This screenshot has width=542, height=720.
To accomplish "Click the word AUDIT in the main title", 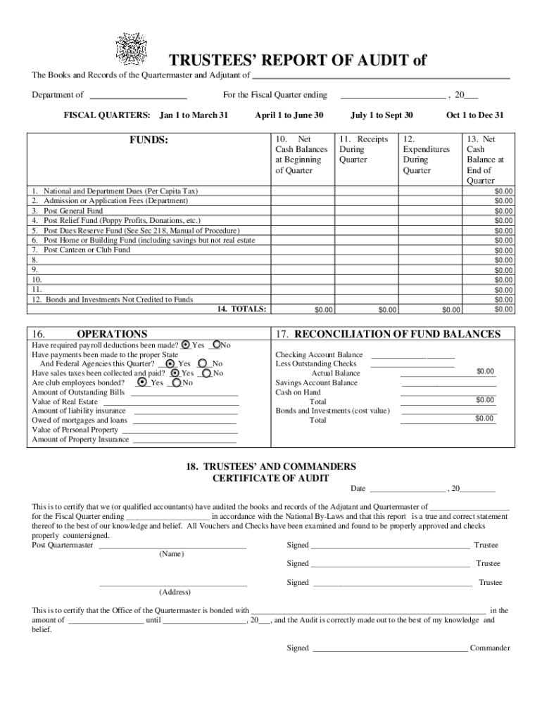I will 384,60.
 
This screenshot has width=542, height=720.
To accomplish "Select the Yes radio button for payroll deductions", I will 186,345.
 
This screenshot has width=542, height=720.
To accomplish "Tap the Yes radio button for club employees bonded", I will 143,382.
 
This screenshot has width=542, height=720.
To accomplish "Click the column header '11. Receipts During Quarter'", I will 363,150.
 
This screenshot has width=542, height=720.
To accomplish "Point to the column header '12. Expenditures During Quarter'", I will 426,155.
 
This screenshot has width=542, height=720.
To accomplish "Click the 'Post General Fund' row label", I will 73,210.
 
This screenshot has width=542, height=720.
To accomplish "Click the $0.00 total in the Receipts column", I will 387,309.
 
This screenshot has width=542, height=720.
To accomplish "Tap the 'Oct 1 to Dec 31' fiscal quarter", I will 474,115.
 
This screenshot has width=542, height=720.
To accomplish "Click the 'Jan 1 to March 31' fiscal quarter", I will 194,115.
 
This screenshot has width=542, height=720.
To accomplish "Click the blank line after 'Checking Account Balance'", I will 412,356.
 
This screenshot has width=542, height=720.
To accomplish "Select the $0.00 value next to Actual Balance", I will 485,371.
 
